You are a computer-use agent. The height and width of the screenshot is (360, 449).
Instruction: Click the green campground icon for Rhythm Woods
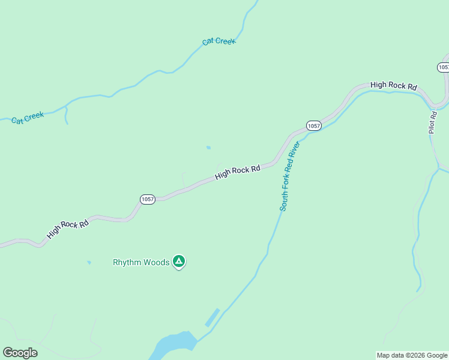(178, 261)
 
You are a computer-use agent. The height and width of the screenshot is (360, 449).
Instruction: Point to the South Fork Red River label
(289, 176)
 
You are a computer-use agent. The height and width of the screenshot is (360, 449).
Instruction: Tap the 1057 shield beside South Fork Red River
(313, 125)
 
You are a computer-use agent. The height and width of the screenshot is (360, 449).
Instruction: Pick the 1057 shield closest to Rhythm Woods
(148, 199)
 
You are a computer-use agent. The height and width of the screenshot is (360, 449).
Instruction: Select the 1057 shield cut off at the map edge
(443, 67)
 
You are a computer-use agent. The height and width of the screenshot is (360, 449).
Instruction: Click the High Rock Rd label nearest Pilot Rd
(393, 85)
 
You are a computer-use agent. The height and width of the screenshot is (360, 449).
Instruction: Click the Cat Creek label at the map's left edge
(28, 117)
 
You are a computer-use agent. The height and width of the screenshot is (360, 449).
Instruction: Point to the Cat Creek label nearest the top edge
(219, 41)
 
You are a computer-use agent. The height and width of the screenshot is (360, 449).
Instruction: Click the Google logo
(20, 353)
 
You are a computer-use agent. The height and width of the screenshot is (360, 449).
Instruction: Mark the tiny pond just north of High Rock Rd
(208, 147)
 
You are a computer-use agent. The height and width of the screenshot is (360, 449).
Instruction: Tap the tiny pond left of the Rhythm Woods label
(89, 262)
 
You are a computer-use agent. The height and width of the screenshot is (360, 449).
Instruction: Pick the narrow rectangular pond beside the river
(212, 317)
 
